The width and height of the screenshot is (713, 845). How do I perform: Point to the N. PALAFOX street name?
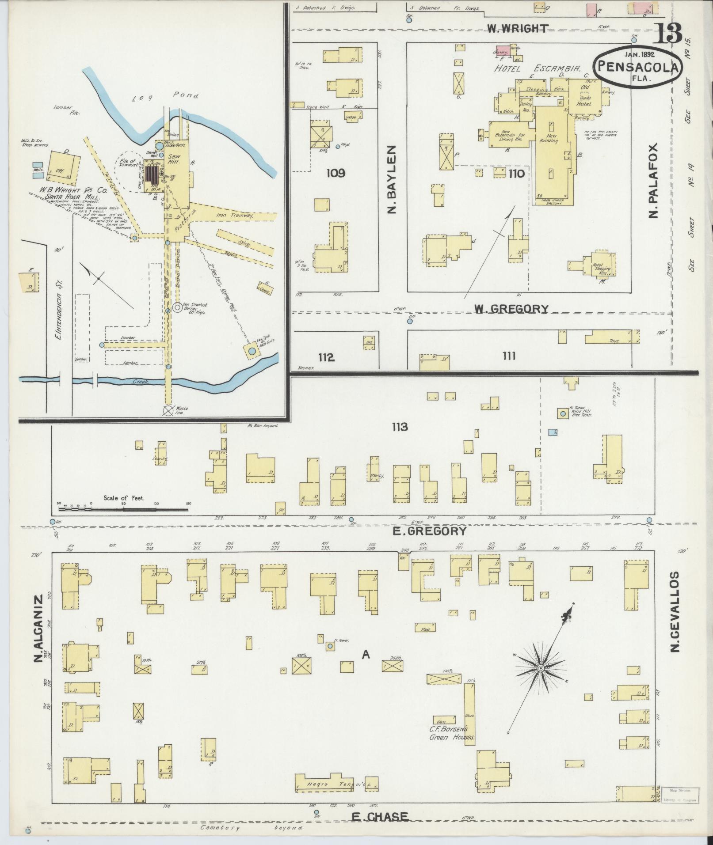point(653,180)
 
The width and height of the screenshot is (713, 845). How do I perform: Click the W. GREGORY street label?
point(511,309)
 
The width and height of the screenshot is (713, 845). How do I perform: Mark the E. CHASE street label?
point(380,817)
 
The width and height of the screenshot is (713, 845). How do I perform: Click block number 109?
point(336,173)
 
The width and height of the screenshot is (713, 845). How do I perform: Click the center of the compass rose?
point(540,681)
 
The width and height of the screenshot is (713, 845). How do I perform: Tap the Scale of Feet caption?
point(124,498)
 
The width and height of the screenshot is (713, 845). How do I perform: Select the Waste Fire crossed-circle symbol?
point(168,410)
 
